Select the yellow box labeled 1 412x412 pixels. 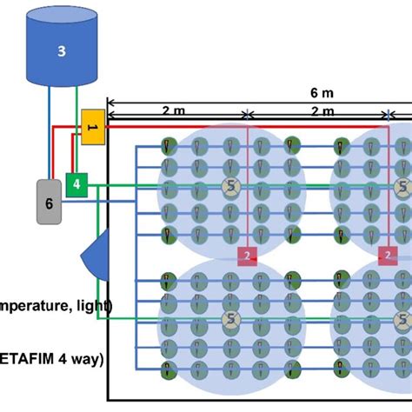pyautogui.click(x=92, y=127)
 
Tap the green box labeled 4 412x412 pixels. pyautogui.click(x=76, y=183)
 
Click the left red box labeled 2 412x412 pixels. pyautogui.click(x=249, y=255)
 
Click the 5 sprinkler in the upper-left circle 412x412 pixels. pyautogui.click(x=230, y=186)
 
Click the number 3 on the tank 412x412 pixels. pyautogui.click(x=61, y=51)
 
